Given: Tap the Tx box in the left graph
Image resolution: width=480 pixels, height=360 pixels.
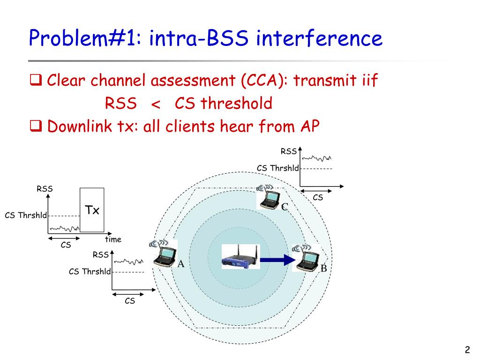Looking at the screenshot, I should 92,210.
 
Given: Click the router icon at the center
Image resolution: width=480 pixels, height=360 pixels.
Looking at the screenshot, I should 240,257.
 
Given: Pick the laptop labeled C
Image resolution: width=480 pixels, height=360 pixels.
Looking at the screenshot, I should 270,196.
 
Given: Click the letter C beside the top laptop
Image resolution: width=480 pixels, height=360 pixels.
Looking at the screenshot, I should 284,207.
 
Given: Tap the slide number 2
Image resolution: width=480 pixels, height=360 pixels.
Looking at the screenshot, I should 467,350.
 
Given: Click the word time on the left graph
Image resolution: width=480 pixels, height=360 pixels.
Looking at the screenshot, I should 113,240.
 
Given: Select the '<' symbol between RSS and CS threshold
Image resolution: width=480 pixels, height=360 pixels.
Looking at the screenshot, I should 156,104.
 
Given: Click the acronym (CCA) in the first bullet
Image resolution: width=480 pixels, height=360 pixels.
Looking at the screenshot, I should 265,81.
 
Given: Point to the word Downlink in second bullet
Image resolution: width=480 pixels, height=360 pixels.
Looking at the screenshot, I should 78,126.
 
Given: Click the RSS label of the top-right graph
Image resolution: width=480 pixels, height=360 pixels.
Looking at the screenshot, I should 289,151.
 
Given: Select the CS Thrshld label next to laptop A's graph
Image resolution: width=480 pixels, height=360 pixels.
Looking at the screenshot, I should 90,271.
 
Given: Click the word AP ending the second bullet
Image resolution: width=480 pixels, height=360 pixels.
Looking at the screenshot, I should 309,126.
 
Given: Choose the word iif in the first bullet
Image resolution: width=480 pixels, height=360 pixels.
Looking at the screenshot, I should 368,81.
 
